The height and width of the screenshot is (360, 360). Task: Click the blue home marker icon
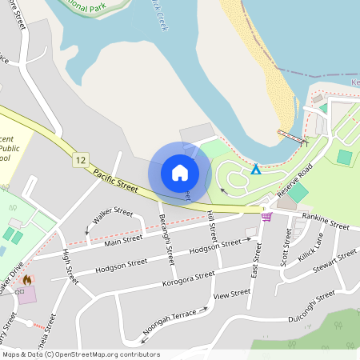point(180,172)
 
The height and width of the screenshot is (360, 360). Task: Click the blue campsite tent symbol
point(255,170)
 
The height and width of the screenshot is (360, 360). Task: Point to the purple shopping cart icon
point(266,216)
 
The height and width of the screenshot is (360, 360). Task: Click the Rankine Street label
point(326,224)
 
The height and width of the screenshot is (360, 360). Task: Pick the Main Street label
point(122,238)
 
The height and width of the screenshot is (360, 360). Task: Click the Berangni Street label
point(166,240)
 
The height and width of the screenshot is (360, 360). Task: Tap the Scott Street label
point(286,248)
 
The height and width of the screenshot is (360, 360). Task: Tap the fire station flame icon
point(28,281)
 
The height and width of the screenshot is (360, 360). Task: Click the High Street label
point(70,268)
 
